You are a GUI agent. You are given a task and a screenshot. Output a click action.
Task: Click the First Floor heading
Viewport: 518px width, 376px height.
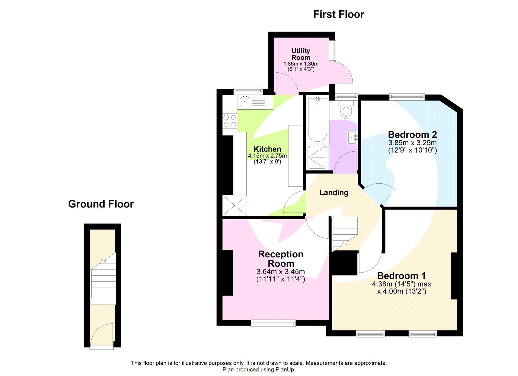338,14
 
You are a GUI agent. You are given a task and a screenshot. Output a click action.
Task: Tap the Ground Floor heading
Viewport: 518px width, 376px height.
101,204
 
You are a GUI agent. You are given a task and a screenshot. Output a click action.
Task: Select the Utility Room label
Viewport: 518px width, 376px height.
301,54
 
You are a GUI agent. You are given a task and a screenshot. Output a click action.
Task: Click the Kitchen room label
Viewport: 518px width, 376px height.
267,149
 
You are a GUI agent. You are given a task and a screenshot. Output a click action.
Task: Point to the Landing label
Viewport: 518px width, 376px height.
334,193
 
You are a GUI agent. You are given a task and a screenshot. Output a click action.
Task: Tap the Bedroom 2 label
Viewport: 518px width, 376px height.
412,134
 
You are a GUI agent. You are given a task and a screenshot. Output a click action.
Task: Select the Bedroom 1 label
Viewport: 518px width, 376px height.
401,276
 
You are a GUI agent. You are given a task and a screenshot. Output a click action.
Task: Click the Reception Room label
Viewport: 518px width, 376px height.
281,259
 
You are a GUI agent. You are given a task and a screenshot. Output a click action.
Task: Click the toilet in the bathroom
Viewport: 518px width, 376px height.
346,110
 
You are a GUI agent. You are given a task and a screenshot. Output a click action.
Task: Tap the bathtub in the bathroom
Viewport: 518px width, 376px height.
317,120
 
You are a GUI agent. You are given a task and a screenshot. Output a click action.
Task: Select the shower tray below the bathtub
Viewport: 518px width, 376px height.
317,157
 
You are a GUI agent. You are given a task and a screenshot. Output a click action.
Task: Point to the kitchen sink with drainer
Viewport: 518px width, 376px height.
252,102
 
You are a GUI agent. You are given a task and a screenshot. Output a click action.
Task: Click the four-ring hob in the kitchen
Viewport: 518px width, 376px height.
230,121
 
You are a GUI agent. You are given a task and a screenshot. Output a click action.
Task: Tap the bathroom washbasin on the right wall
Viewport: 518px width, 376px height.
352,138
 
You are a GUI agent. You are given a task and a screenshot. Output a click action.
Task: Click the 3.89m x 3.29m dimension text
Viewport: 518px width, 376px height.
412,143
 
